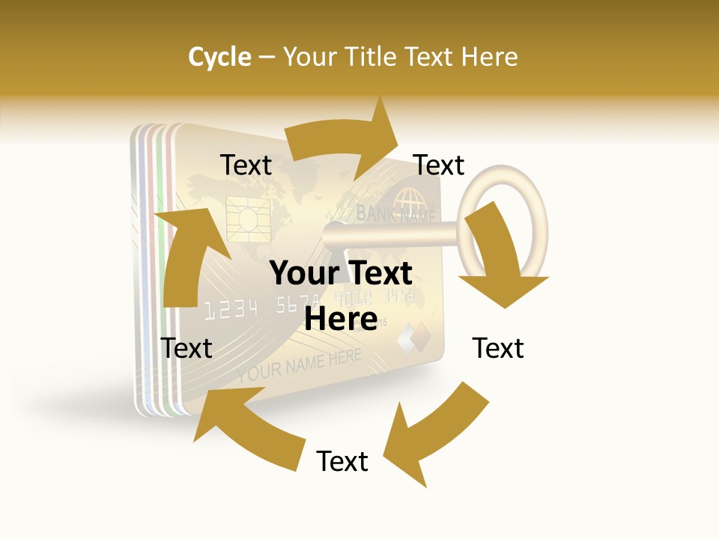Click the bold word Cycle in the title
(219, 57)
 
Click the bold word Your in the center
(299, 273)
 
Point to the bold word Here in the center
(341, 320)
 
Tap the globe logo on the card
(409, 201)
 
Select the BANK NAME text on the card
(395, 216)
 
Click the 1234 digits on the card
(231, 308)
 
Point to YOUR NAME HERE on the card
(300, 365)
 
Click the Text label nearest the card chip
(246, 165)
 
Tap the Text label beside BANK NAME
(439, 165)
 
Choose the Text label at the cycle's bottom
(342, 461)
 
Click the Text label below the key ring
(498, 348)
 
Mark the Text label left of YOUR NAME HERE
(186, 348)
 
